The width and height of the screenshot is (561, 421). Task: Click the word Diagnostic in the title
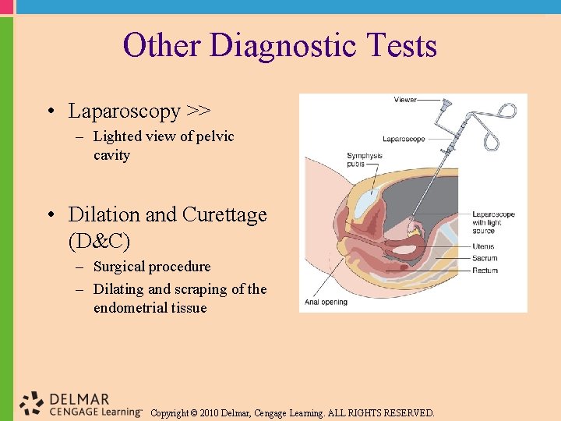(285, 46)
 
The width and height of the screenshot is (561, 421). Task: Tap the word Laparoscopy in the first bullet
(124, 111)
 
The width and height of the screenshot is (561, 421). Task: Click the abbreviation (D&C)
(99, 240)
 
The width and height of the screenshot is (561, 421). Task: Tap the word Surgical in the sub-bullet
(119, 267)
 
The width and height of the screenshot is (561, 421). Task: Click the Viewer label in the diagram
(405, 100)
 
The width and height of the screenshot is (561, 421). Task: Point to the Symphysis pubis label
(365, 160)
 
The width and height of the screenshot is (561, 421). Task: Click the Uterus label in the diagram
(483, 246)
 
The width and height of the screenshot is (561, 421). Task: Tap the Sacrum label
(485, 258)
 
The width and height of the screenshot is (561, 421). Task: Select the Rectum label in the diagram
(485, 270)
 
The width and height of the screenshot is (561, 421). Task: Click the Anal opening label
(326, 302)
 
